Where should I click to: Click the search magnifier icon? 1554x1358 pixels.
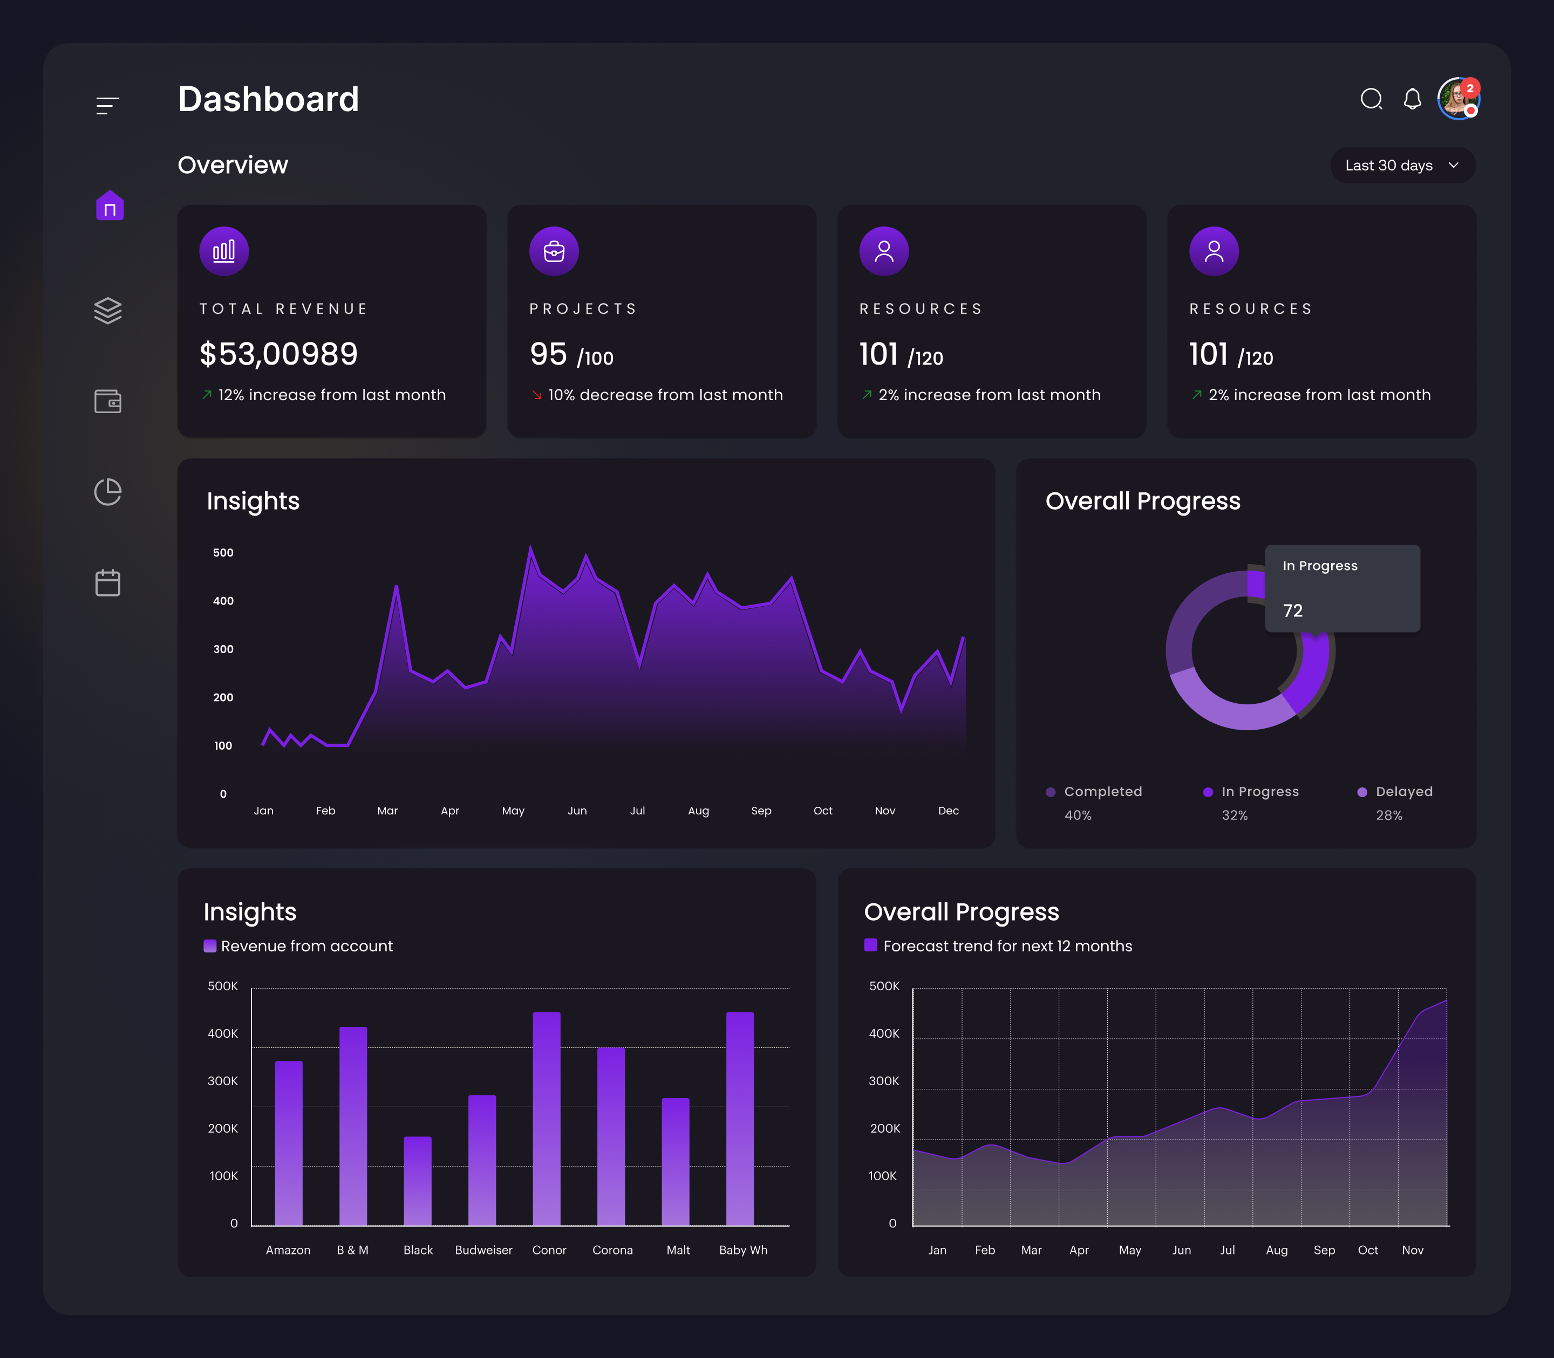[1371, 99]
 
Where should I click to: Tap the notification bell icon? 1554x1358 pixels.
[1412, 99]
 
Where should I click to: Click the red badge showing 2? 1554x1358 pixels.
[1470, 88]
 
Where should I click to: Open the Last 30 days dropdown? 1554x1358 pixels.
[1402, 165]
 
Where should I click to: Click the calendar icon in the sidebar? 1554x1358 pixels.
[107, 583]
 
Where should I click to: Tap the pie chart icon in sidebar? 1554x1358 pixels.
[107, 492]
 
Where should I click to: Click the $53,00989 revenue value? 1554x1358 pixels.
[278, 354]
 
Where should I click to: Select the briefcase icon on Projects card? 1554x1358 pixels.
[554, 251]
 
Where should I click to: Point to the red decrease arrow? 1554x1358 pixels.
[537, 395]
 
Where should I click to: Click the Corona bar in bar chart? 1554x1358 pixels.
[611, 1137]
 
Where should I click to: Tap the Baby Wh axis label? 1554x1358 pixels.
[743, 1250]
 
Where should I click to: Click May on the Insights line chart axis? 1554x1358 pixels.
[513, 811]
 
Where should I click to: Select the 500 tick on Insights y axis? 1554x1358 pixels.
[223, 552]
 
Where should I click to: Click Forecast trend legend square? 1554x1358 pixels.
[870, 945]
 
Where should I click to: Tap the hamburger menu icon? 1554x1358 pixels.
[107, 105]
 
